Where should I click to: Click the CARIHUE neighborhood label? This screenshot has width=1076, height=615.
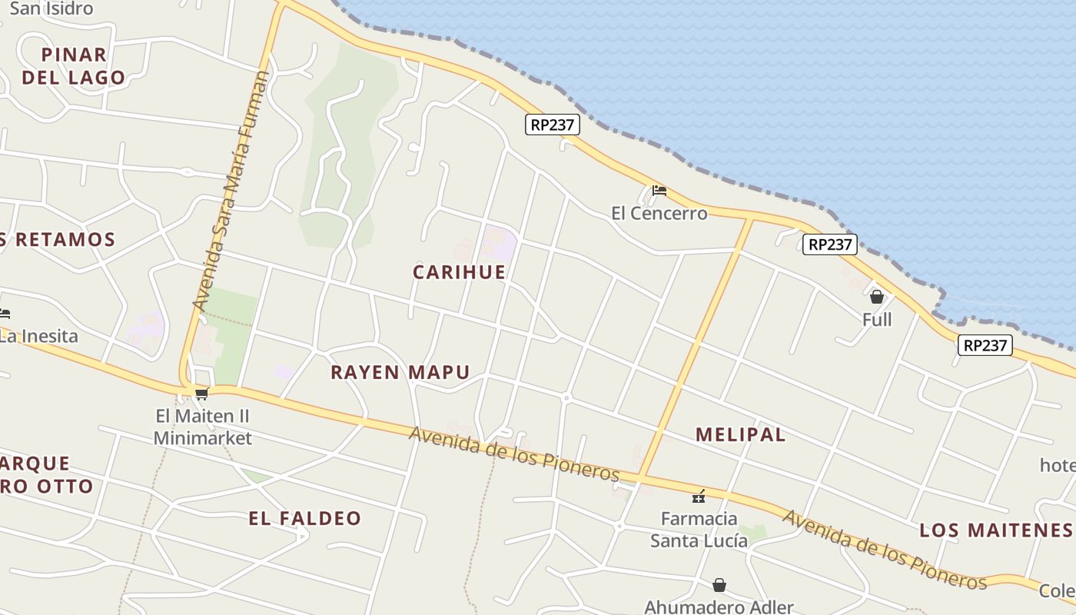460,272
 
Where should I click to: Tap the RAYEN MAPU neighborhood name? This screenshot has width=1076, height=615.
400,373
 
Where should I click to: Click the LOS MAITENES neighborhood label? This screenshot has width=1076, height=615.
995,530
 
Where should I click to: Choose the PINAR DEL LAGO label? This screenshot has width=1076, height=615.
74,66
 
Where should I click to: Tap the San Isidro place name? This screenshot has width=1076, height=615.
51,9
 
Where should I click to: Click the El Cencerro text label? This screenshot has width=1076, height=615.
659,214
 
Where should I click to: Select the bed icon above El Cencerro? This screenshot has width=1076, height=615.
659,191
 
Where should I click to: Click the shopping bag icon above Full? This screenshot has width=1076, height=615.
876,297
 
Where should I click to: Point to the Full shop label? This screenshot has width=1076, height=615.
876,320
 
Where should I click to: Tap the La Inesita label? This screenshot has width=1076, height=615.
38,336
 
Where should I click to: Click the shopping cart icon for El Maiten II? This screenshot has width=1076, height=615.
201,394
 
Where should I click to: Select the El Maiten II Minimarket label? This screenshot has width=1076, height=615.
202,427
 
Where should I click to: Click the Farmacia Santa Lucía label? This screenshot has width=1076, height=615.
699,530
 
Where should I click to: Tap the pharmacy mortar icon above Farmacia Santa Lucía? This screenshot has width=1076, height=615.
699,497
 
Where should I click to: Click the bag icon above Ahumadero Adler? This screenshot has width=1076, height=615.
719,585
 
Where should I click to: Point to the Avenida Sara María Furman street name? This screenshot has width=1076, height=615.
231,192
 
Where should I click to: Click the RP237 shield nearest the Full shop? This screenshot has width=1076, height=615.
830,244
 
